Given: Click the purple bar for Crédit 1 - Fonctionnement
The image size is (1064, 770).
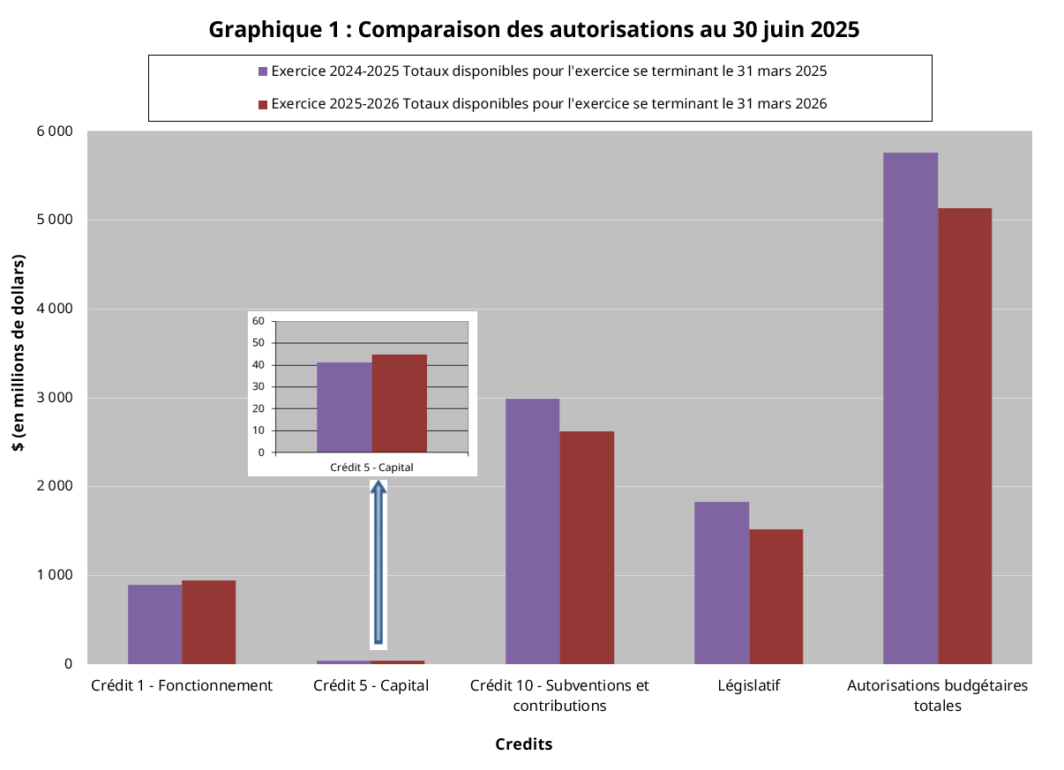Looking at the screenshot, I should (154, 624).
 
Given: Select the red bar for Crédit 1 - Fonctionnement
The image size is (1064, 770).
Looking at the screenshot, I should (209, 622).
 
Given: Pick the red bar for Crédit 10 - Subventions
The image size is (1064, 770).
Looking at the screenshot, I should (587, 547).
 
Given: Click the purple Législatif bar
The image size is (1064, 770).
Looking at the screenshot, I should (721, 582).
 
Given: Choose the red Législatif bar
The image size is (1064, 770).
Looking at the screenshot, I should (776, 596).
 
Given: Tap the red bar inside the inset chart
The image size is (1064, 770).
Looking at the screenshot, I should (399, 403).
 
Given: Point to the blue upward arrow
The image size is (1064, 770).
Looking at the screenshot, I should (378, 564).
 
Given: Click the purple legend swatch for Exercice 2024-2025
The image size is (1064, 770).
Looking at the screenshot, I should (262, 71).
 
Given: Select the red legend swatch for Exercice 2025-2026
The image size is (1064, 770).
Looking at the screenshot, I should (262, 104).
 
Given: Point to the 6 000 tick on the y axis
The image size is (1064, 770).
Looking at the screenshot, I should (55, 131).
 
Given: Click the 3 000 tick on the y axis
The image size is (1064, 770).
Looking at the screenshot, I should (55, 398).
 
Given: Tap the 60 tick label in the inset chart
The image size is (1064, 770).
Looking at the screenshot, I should (259, 321).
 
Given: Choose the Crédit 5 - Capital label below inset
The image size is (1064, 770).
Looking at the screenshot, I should (371, 467).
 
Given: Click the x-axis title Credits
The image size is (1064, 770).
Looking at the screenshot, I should (523, 744).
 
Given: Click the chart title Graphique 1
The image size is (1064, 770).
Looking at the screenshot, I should (534, 29).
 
